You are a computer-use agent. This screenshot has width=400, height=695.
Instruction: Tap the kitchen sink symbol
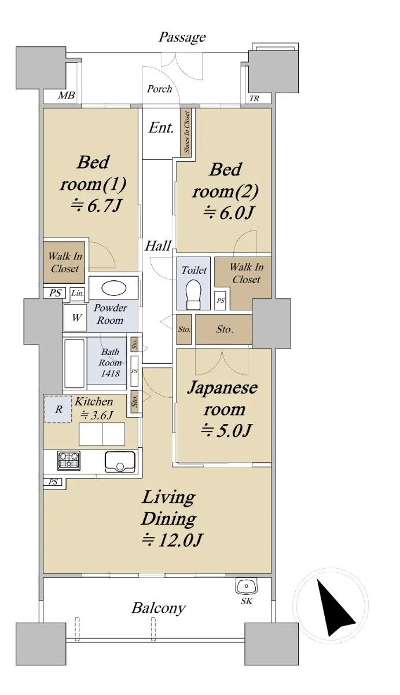tap(120, 462)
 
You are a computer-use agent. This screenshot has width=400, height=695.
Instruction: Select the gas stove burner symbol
tap(68, 460)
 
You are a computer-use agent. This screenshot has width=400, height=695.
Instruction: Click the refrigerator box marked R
tap(58, 409)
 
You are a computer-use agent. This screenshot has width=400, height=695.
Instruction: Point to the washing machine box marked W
tap(75, 318)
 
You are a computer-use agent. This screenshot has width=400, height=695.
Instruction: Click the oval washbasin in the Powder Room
tap(114, 288)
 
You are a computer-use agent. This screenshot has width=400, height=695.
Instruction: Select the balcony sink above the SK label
tap(247, 586)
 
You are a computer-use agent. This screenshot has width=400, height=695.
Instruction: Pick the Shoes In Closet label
tap(186, 132)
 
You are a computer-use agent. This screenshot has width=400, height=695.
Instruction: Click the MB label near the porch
tap(67, 96)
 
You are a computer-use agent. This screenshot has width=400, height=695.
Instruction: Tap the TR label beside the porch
tap(254, 98)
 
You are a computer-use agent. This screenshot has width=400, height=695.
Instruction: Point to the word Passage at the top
tap(182, 38)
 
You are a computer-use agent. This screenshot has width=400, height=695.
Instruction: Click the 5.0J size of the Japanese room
tap(225, 431)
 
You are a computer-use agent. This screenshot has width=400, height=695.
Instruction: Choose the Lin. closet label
tap(78, 293)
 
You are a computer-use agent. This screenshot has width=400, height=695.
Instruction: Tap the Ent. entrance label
tap(160, 128)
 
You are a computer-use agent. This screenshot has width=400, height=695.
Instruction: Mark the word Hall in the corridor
tap(158, 246)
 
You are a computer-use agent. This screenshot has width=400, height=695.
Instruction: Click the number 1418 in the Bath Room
tap(110, 374)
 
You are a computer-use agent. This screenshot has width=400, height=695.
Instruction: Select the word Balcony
tap(159, 609)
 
